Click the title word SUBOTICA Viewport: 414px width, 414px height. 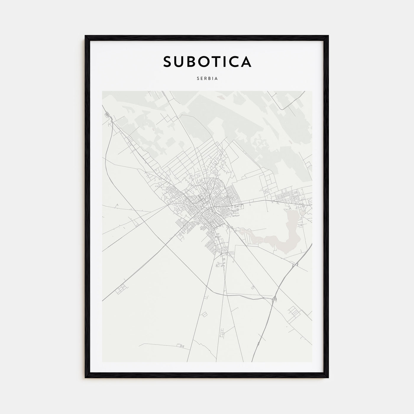tap(207, 62)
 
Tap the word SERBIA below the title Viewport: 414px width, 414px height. tap(207, 79)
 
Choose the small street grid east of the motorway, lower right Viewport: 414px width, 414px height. tap(294, 311)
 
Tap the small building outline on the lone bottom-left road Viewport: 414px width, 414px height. tap(179, 345)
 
